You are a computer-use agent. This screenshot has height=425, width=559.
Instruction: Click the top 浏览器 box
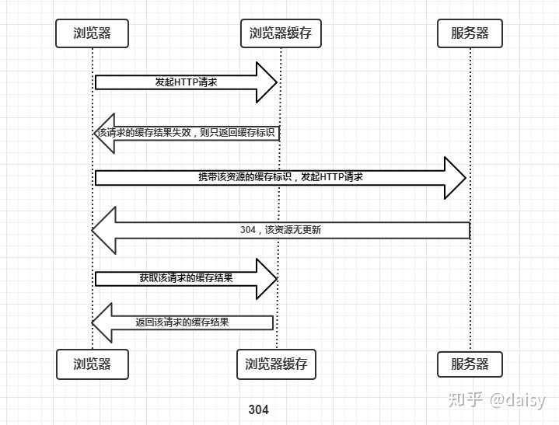click(92, 33)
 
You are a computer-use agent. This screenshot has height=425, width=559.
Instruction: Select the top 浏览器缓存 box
click(280, 33)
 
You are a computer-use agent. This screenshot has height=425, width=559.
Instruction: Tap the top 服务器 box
click(470, 33)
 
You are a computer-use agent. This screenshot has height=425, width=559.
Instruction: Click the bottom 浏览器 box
click(92, 364)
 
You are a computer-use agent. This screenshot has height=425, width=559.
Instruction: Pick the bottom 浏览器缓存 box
click(276, 364)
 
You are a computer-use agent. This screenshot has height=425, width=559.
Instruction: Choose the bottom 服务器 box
click(470, 364)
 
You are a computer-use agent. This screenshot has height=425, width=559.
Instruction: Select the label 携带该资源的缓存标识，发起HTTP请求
click(280, 177)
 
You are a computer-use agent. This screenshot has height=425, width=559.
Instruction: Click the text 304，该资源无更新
click(281, 230)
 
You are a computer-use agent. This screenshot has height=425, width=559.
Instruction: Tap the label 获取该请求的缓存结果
click(186, 277)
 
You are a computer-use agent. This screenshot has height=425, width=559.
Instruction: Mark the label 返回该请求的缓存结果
click(182, 322)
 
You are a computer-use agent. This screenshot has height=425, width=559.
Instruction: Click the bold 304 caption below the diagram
click(258, 409)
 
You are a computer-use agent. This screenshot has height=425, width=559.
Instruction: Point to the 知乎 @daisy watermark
click(498, 399)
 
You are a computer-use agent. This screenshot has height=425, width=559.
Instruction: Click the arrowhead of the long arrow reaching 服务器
click(456, 178)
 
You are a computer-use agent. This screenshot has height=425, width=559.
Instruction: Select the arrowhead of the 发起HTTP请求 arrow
click(267, 82)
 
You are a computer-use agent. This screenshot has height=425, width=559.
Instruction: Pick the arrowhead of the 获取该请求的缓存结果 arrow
click(267, 278)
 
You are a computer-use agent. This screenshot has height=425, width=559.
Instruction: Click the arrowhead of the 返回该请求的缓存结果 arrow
click(103, 322)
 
